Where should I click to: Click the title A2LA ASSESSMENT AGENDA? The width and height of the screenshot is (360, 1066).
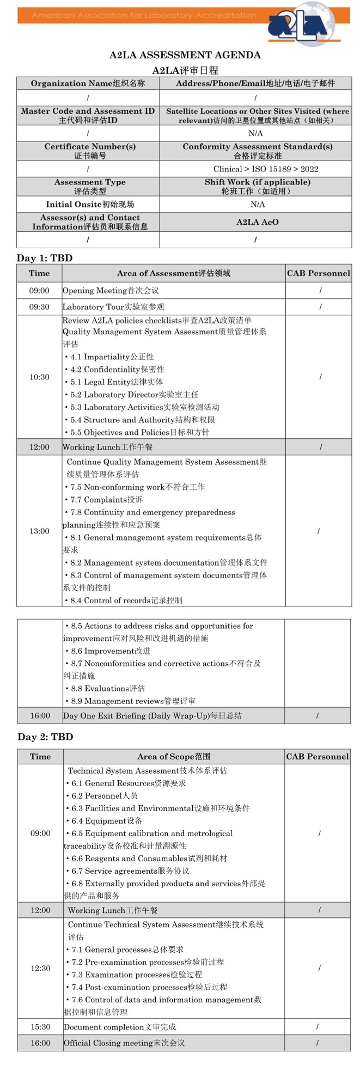point(185,55)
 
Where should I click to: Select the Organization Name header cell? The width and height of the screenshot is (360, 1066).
point(88,83)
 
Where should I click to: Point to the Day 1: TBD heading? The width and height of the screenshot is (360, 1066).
point(44,258)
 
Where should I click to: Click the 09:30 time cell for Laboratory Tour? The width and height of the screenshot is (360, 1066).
point(39,307)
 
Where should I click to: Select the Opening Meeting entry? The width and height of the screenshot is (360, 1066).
point(111,291)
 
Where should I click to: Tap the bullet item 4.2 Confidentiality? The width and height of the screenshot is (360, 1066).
point(117,369)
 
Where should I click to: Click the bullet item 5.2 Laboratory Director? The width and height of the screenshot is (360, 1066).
point(134,394)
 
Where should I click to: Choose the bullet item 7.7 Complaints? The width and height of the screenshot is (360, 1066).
point(107,499)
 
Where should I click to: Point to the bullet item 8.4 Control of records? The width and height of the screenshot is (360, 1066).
point(126,600)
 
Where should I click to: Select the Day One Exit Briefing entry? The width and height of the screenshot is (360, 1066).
point(152,715)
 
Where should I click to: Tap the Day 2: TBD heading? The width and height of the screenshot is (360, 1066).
point(45,737)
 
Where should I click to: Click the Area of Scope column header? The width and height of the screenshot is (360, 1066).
point(173,756)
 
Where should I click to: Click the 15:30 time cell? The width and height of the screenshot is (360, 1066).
point(40,1027)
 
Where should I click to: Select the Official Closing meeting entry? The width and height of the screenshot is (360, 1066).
point(124,1043)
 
